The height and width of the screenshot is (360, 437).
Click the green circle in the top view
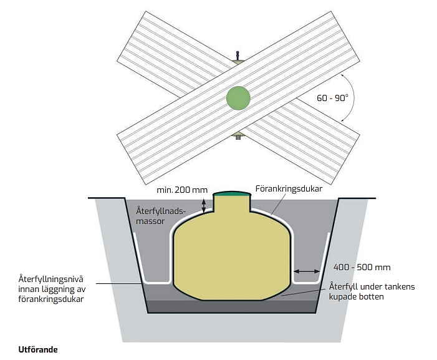pos(238,98)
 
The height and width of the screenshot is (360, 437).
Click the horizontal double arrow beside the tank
pos(307,271)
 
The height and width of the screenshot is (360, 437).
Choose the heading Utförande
pos(38,349)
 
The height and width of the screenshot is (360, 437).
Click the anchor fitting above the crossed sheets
pos(238,57)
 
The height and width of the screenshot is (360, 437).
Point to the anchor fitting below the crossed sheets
pos(238,135)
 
